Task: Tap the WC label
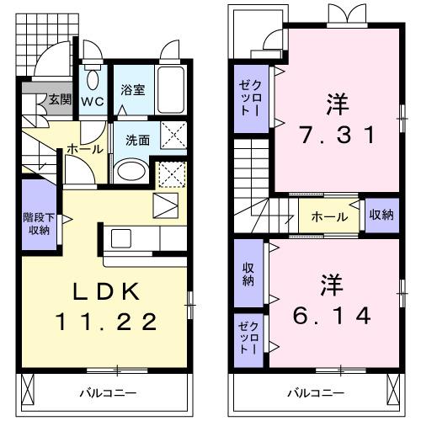point(92,101)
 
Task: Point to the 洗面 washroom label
point(137,140)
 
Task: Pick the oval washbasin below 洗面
point(131,171)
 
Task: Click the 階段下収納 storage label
point(37,223)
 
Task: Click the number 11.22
point(107,321)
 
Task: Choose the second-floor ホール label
point(329,216)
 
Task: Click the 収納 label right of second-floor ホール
point(381,216)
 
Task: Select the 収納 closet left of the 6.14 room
point(248,274)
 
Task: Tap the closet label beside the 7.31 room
point(248,98)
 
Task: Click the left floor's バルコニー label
point(105,393)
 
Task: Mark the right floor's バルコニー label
point(315,393)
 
